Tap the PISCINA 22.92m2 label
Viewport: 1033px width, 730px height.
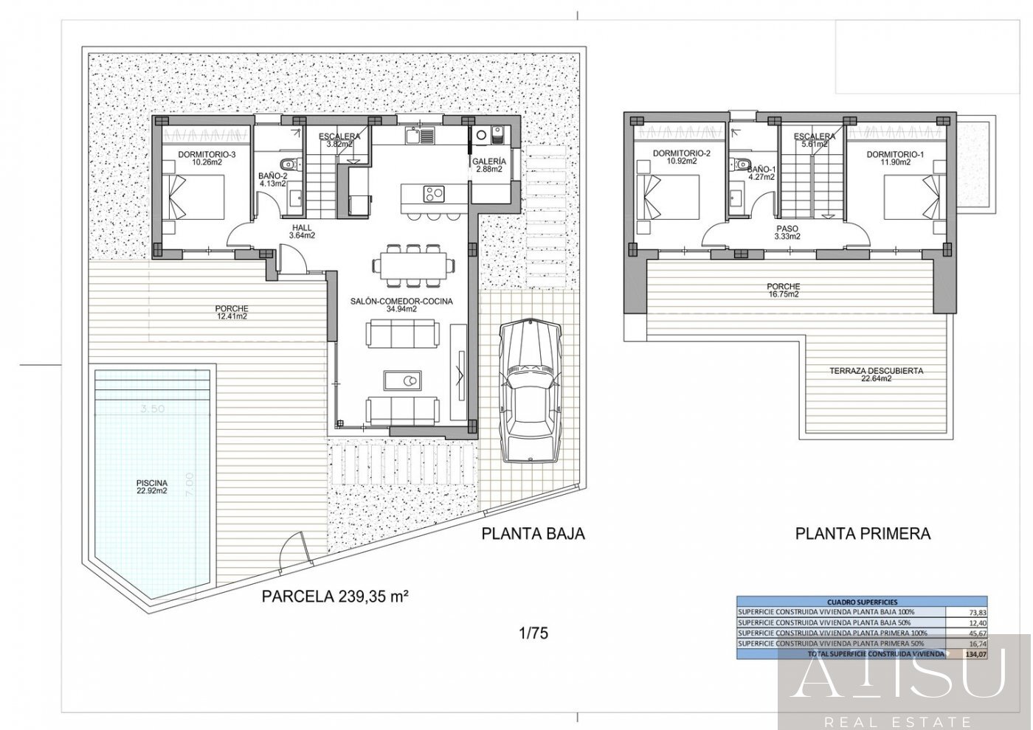pos(151,486)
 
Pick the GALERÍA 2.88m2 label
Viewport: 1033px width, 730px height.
pos(489,165)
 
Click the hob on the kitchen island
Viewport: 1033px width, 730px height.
pos(433,194)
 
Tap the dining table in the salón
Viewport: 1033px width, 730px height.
pos(413,263)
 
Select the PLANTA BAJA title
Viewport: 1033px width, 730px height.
pos(533,534)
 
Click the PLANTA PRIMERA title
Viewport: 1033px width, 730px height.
pos(863,534)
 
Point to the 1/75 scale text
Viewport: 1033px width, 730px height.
pos(533,633)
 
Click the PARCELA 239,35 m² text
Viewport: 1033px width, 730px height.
pos(336,597)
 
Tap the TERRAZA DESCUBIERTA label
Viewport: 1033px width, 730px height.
pos(876,375)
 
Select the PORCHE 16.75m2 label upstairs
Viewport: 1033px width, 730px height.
pos(783,290)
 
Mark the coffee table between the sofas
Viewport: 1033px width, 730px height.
pos(403,380)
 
